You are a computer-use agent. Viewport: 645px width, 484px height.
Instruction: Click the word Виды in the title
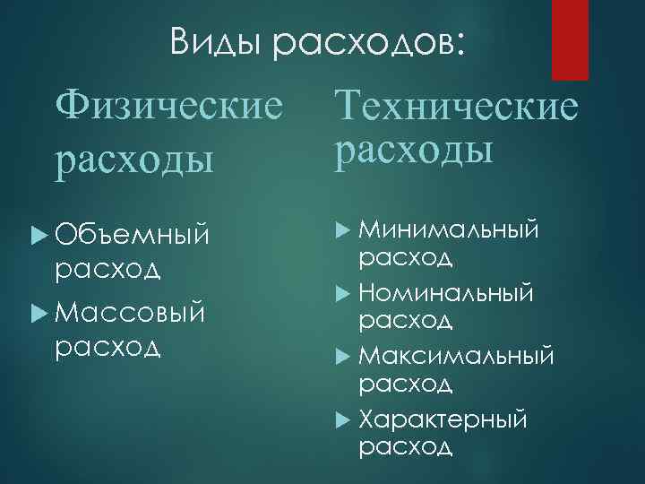tap(215, 42)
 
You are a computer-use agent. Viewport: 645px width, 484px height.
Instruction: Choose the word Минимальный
tap(450, 232)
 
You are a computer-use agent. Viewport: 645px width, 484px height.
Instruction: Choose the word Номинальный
tap(447, 293)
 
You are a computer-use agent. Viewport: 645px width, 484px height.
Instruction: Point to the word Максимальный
tap(457, 356)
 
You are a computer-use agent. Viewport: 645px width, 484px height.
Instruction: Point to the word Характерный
tap(443, 419)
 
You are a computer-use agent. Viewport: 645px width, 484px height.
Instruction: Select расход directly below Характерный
tap(405, 447)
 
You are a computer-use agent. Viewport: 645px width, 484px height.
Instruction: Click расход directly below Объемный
tap(107, 268)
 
